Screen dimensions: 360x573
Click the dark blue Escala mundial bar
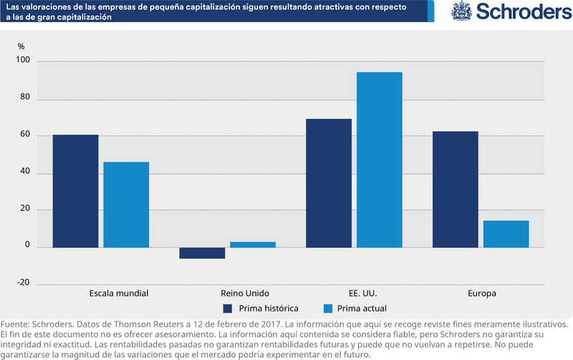[75, 191]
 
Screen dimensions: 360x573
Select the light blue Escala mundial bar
[126, 205]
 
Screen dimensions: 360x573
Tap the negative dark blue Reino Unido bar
[202, 253]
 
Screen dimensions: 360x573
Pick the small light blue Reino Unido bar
[253, 245]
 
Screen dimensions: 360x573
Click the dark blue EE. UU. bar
[329, 183]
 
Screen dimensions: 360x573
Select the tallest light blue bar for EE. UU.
[380, 160]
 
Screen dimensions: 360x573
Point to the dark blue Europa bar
[456, 189]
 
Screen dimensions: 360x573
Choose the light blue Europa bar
[506, 234]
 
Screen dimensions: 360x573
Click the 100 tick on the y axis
[22, 62]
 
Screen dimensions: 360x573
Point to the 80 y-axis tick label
[24, 99]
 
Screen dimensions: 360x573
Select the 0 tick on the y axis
[27, 245]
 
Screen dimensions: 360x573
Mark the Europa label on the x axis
[481, 294]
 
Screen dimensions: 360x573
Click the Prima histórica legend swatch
[228, 308]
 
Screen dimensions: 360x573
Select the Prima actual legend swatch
[329, 308]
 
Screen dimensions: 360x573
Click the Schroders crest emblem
[461, 11]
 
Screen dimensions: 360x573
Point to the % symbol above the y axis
[21, 47]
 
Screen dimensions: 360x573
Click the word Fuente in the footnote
[15, 323]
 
